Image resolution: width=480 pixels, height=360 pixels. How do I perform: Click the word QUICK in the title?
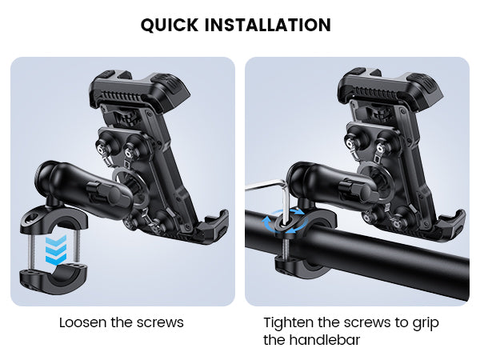tap(170, 25)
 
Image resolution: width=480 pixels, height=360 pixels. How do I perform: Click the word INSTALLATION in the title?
tap(267, 25)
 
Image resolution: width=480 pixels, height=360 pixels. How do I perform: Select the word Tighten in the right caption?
tap(289, 323)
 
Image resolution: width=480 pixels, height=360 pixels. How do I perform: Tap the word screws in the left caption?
tap(160, 322)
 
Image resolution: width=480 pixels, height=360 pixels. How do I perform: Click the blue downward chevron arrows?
tap(56, 250)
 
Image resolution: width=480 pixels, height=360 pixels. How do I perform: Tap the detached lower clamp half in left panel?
tap(54, 278)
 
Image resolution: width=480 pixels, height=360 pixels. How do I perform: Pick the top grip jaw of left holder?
tap(139, 89)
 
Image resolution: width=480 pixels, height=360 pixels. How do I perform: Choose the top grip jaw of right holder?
tap(390, 87)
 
